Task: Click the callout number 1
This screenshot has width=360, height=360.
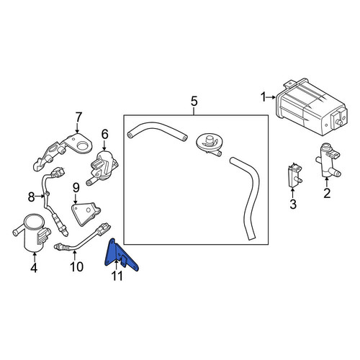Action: pyautogui.click(x=264, y=97)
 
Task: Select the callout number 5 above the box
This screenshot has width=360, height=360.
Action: pyautogui.click(x=194, y=102)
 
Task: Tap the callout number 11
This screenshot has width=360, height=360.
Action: pyautogui.click(x=117, y=276)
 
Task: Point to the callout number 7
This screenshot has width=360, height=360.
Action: pyautogui.click(x=78, y=117)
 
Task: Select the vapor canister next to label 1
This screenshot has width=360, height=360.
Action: pyautogui.click(x=311, y=106)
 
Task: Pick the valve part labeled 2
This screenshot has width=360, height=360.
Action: pyautogui.click(x=327, y=161)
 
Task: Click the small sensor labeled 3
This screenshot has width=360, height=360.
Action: pyautogui.click(x=294, y=176)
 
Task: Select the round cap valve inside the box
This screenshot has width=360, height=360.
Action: pyautogui.click(x=208, y=145)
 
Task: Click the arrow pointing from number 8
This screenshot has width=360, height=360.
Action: pyautogui.click(x=40, y=197)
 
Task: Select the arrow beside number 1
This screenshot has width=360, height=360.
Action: pyautogui.click(x=271, y=97)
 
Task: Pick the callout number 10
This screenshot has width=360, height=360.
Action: pyautogui.click(x=76, y=266)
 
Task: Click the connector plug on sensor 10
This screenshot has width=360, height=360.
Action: pyautogui.click(x=103, y=229)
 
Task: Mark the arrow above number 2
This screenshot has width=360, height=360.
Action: pyautogui.click(x=327, y=183)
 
